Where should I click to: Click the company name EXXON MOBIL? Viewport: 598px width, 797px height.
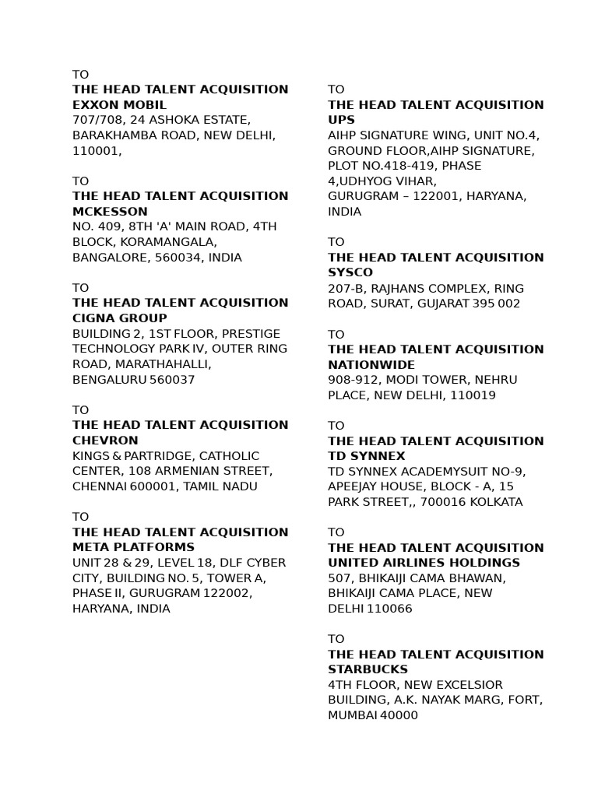(x=119, y=104)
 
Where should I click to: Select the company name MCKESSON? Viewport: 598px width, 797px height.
(x=110, y=211)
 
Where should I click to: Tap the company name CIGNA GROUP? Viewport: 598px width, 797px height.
(x=119, y=318)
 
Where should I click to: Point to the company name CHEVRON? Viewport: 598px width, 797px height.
(x=105, y=440)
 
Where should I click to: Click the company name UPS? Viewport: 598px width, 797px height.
(x=341, y=120)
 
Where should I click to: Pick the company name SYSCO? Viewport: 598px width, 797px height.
(x=350, y=272)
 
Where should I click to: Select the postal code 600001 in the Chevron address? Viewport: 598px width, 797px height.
(x=151, y=486)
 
